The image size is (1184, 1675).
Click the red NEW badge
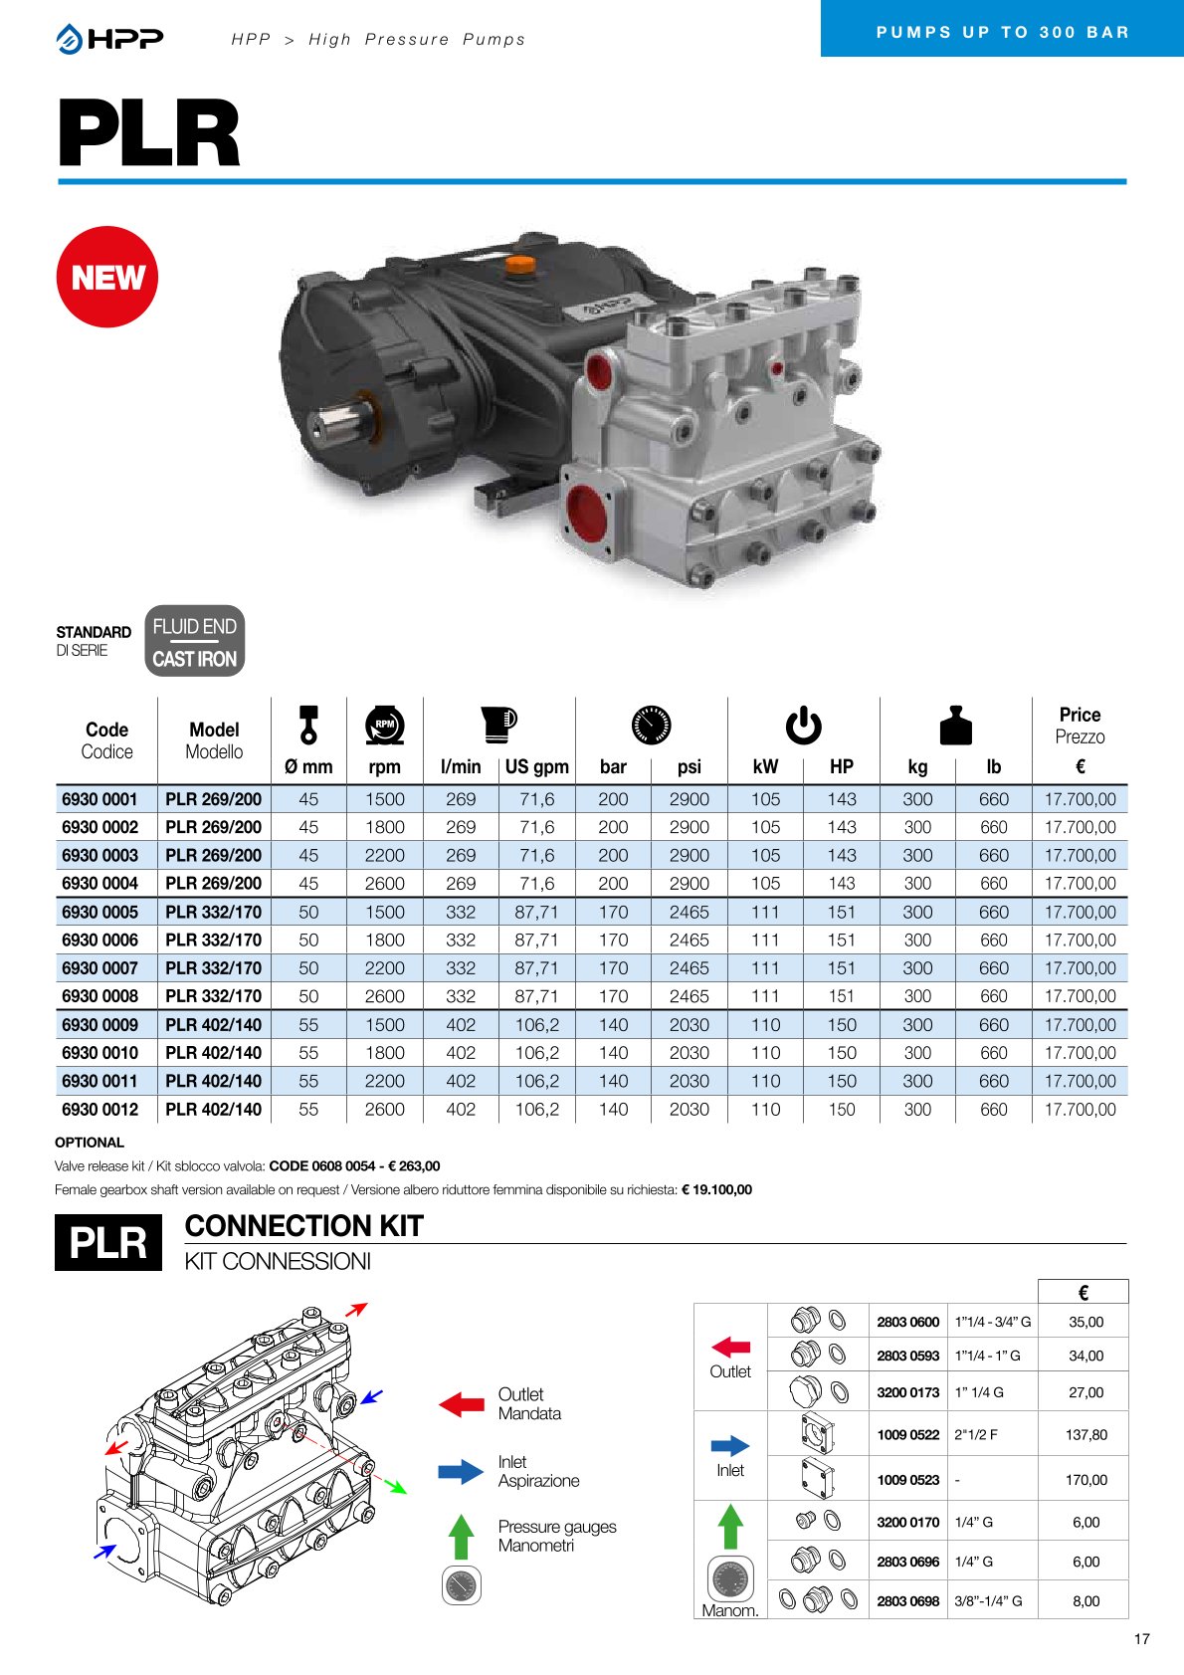pos(106,277)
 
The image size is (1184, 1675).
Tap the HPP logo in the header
pos(109,39)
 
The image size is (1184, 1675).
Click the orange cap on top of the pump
pos(520,264)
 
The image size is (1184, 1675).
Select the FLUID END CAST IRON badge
pos(194,642)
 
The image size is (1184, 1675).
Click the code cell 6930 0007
pos(100,968)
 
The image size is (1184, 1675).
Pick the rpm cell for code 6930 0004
pos(384,883)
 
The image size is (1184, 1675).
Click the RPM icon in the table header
pos(384,725)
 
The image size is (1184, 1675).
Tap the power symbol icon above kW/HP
pos(804,726)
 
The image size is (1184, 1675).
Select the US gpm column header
pos(536,766)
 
